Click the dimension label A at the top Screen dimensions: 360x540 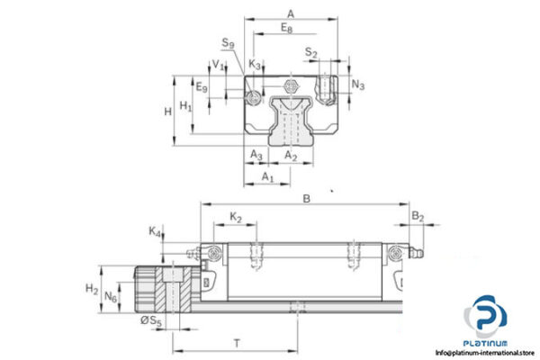[289, 13]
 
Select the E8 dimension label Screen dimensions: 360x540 [285, 29]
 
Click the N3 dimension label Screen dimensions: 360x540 [358, 85]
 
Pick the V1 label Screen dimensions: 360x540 [217, 65]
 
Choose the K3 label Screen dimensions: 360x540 [256, 65]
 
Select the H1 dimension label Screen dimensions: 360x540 [186, 106]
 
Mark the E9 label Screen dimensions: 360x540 [202, 87]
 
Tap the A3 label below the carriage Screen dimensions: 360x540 [256, 156]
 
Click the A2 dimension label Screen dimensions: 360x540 [291, 156]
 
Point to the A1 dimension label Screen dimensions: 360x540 [267, 177]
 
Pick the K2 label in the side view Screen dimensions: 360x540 [236, 217]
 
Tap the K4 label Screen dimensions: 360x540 [156, 231]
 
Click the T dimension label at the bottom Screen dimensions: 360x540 [237, 342]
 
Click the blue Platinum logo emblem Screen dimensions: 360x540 [486, 319]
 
